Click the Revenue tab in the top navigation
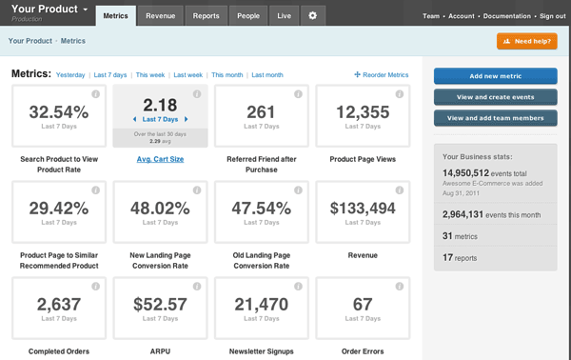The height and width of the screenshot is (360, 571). click(x=160, y=16)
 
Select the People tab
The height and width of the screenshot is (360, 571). click(x=247, y=16)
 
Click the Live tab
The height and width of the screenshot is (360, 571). click(x=284, y=16)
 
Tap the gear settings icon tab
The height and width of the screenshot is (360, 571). click(x=313, y=16)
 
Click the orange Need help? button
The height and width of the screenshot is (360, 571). click(x=526, y=42)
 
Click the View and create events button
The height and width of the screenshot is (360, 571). click(x=495, y=97)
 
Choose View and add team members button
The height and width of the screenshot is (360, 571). click(x=495, y=118)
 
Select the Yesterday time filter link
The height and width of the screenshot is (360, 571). click(x=70, y=74)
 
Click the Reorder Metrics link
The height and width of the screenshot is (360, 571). click(x=382, y=74)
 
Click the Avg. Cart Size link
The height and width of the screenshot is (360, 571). click(x=160, y=159)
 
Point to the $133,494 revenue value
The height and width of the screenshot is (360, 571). click(x=362, y=208)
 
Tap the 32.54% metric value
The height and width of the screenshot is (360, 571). click(x=59, y=111)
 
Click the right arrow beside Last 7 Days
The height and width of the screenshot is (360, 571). click(x=187, y=119)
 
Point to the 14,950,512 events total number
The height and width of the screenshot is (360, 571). click(x=473, y=172)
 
